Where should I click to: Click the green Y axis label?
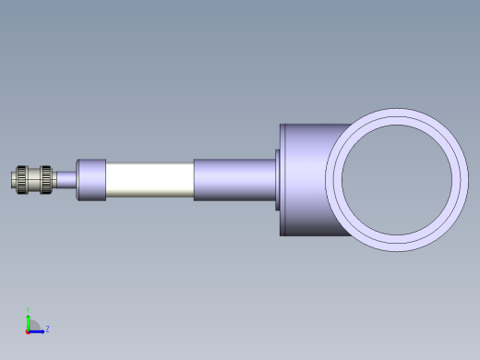coord(28,310)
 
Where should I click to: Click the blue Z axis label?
coord(47,328)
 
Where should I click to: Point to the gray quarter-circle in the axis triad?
coord(32,325)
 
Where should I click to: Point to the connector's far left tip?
coord(13,178)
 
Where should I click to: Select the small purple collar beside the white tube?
coord(90,179)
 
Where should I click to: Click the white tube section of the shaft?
coord(150,179)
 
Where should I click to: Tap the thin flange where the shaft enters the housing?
coord(278,179)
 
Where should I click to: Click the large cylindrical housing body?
coord(305,179)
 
